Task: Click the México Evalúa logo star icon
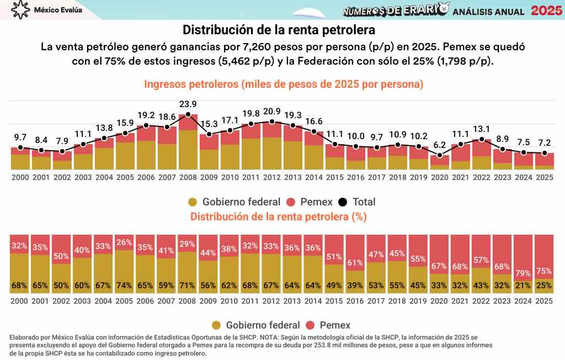[20, 10]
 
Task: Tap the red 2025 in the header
[547, 10]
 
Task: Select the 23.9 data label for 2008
[188, 104]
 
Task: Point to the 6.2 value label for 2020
[440, 145]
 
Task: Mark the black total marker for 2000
[20, 147]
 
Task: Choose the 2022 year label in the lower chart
[482, 301]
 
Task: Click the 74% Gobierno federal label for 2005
[125, 285]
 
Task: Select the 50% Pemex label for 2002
[62, 256]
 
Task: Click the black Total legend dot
[342, 202]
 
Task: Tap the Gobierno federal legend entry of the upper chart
[234, 202]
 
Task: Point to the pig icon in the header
[443, 9]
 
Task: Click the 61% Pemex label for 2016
[356, 262]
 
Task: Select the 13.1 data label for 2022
[482, 129]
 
